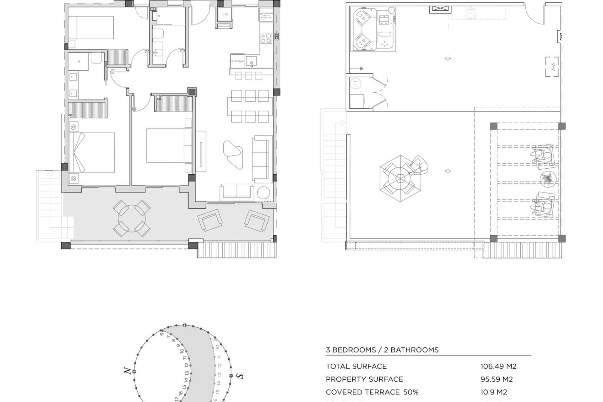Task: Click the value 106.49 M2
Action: click(498, 366)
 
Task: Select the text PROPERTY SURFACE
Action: click(364, 379)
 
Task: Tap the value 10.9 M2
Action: click(493, 392)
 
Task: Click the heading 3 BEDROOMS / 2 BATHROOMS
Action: click(382, 350)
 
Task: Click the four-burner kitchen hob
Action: click(266, 38)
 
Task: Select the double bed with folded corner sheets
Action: click(92, 152)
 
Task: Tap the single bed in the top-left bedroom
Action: click(91, 28)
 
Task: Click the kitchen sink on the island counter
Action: click(251, 60)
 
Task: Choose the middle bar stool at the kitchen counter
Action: click(248, 75)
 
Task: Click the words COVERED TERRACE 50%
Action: click(372, 392)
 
